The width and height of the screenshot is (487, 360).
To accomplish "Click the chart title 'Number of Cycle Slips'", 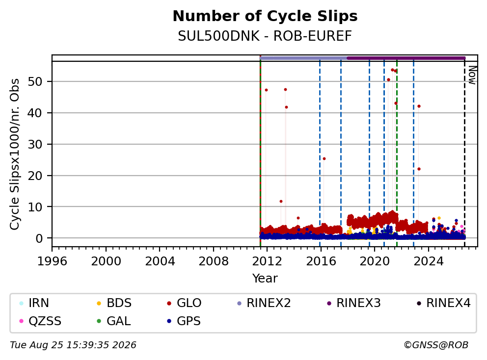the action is pos(265,16).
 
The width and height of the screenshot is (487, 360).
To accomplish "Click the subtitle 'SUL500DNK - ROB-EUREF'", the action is pos(265,36).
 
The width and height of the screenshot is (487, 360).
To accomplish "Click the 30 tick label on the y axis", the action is pos(35,144).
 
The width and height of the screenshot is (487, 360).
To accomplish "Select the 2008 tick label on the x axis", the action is pos(214,261).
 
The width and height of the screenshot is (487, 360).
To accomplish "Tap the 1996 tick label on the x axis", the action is pos(52,261).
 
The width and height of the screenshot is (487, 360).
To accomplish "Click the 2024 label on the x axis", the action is pos(429,261).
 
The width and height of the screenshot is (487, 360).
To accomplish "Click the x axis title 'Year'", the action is pos(265,279).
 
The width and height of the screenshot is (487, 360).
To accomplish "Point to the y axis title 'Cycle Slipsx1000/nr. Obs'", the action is pos(15,154).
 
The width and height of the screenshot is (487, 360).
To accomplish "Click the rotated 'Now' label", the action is pos(472,75).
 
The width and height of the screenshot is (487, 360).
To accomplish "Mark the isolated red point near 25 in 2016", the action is pos(324,159).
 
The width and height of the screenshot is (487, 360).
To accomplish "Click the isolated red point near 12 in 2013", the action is pos(281,202).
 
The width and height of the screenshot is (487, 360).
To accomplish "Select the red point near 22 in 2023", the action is pos(419,169).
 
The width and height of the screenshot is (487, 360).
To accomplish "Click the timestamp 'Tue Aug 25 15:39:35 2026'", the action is pos(73,345).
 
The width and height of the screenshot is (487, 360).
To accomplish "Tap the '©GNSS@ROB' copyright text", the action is pos(436,345).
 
